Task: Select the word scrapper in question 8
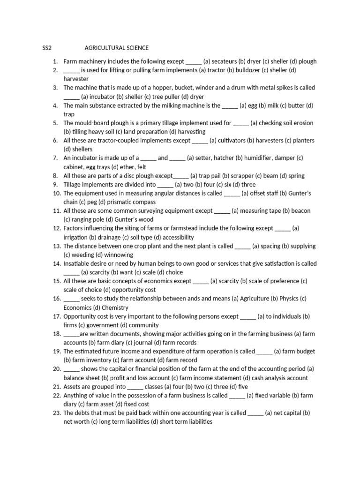pyautogui.click(x=240, y=176)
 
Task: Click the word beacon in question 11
pyautogui.click(x=301, y=211)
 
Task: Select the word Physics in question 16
pyautogui.click(x=289, y=299)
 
